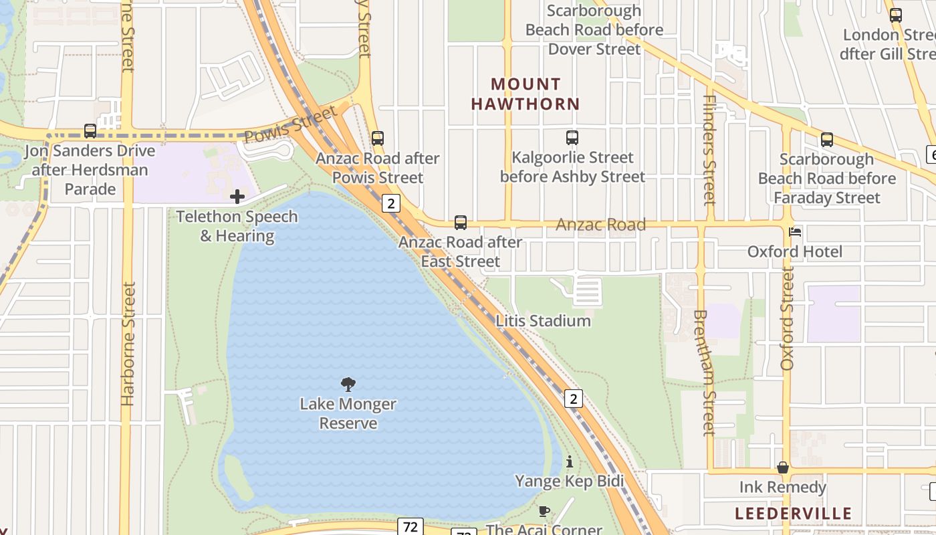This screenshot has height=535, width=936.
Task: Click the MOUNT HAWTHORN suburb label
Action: (x=525, y=94)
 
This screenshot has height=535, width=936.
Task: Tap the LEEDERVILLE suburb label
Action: (x=794, y=514)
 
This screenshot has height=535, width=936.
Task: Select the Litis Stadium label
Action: (x=543, y=321)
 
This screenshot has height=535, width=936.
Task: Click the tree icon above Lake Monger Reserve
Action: (x=348, y=384)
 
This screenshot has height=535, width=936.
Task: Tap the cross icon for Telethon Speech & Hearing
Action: (x=237, y=197)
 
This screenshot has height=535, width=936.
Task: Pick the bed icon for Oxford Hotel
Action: (x=795, y=232)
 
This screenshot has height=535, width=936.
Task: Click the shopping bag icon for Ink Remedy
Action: (x=783, y=467)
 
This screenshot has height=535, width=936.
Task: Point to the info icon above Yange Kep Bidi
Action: (x=569, y=461)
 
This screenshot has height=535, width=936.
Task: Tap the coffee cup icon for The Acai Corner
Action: (x=544, y=512)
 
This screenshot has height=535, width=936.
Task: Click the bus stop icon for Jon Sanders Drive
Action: (x=90, y=131)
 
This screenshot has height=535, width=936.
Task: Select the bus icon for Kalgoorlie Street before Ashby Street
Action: (x=572, y=138)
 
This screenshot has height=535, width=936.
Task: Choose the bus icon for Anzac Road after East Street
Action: (x=461, y=223)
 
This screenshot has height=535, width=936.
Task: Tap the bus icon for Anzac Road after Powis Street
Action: (x=378, y=138)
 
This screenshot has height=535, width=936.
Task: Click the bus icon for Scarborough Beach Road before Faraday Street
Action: (x=827, y=140)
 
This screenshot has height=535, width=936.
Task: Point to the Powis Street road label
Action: (x=290, y=125)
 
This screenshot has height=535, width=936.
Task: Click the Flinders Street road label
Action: (x=709, y=150)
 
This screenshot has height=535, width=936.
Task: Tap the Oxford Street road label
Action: (x=787, y=318)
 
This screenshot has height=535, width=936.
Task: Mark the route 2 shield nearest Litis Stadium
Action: (x=573, y=399)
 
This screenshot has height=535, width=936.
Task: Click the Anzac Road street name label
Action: (x=600, y=225)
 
